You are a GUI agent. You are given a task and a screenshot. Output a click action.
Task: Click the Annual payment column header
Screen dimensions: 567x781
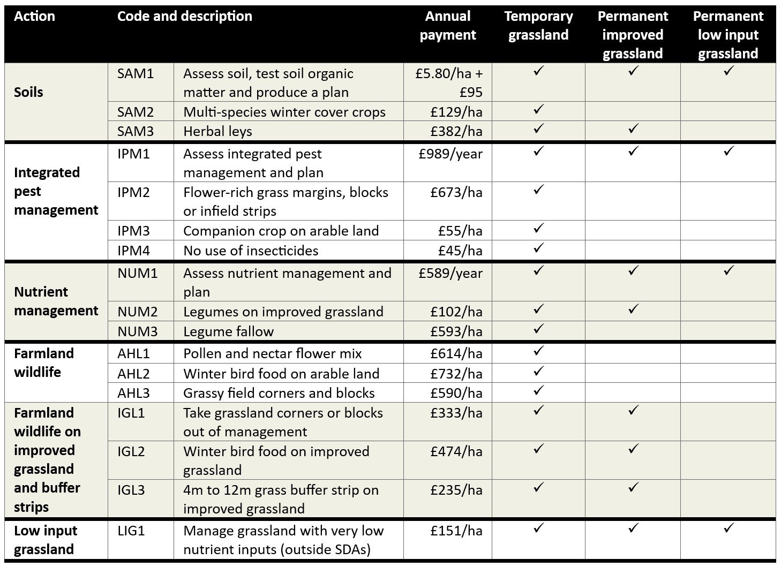(447, 26)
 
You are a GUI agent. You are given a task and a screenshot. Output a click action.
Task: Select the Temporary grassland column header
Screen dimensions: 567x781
(538, 26)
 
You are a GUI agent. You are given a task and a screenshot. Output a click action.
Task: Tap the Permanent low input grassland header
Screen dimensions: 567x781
(727, 35)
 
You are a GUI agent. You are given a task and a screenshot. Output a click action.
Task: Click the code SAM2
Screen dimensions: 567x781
(136, 112)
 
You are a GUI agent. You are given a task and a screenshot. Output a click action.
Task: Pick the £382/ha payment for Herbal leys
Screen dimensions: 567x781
(456, 131)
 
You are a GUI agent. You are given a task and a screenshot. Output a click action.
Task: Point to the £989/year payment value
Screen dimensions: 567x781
(450, 154)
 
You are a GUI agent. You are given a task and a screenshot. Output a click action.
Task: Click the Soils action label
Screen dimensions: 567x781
(28, 92)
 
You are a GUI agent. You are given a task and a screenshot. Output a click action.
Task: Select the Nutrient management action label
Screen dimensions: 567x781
(56, 301)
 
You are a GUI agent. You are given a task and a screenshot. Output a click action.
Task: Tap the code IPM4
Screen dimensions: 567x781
(134, 251)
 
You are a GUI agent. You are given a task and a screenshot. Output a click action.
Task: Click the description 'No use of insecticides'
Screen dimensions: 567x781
(251, 251)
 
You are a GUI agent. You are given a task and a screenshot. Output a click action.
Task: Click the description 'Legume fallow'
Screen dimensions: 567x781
(228, 331)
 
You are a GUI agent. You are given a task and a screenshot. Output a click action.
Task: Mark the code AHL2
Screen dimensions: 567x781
(134, 374)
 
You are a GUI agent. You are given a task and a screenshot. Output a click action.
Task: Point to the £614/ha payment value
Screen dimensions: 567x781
(456, 354)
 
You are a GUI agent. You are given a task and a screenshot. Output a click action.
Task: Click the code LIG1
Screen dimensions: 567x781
(131, 531)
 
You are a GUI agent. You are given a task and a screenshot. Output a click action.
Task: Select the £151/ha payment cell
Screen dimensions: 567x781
(456, 531)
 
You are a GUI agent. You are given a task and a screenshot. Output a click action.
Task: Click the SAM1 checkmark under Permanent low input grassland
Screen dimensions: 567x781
(728, 71)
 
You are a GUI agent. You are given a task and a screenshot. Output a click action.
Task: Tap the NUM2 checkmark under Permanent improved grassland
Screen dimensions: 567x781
(633, 309)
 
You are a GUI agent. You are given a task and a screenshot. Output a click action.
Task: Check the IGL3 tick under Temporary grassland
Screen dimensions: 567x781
(538, 487)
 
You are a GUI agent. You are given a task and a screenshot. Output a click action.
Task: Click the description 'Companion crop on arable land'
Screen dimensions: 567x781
(281, 231)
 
